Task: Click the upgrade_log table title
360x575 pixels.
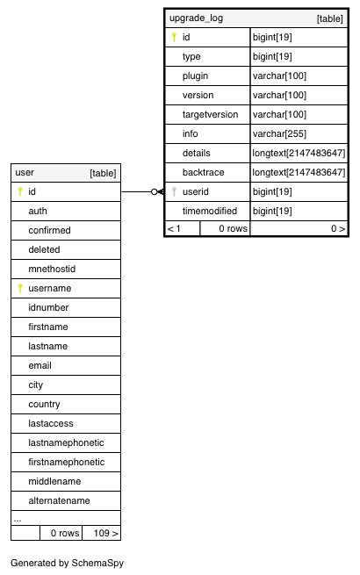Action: (x=196, y=18)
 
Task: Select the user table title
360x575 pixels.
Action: (x=25, y=172)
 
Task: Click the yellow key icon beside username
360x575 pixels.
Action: (x=20, y=288)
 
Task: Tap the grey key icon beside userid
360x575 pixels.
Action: (x=175, y=191)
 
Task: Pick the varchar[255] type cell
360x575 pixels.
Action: (x=279, y=133)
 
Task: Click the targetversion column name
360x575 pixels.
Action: (x=210, y=114)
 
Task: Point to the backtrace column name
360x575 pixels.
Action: (x=204, y=172)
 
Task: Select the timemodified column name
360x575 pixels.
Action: (x=210, y=211)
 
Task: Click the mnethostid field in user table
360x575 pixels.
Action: (x=52, y=269)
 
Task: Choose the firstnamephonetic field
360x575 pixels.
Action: (x=67, y=462)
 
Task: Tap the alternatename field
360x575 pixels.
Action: (x=59, y=500)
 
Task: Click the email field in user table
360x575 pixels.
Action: (x=40, y=365)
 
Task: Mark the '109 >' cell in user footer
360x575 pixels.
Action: (x=105, y=533)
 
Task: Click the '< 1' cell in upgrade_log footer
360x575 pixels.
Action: (x=174, y=229)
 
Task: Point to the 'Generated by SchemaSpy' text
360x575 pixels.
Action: (x=67, y=563)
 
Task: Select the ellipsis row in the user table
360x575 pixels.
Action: (x=18, y=520)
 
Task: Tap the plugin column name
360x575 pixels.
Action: (x=195, y=75)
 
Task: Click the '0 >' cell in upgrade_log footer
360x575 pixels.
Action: (x=338, y=229)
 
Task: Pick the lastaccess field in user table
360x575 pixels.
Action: (x=51, y=423)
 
